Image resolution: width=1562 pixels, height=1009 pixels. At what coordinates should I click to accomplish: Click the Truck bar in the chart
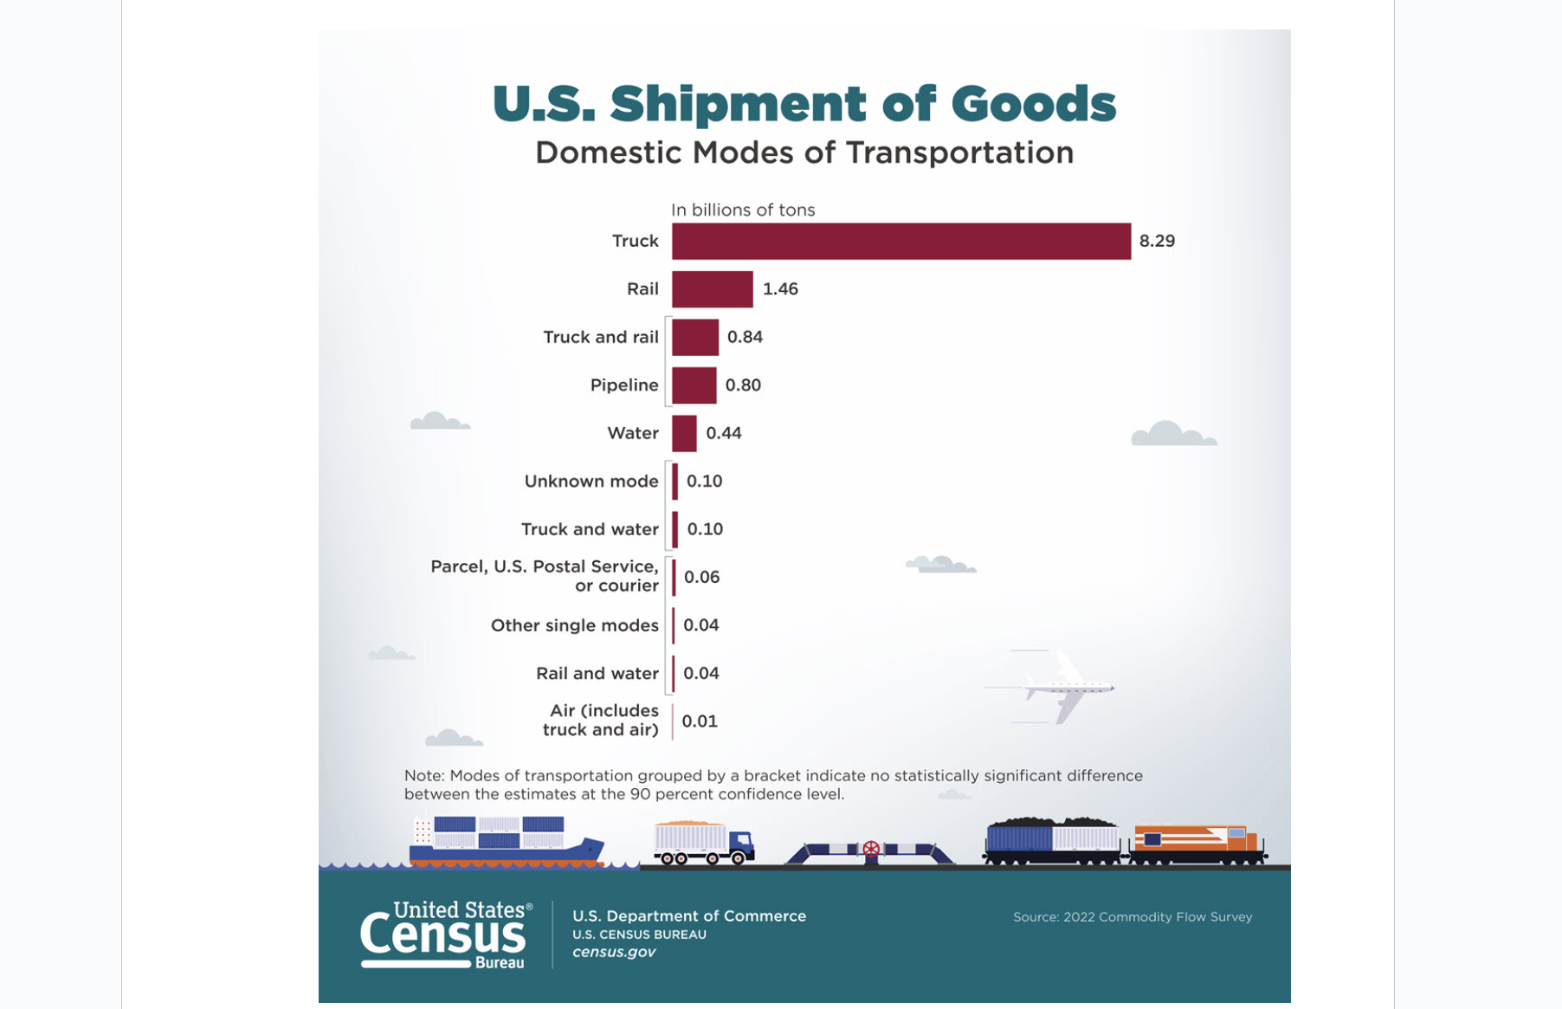pyautogui.click(x=900, y=241)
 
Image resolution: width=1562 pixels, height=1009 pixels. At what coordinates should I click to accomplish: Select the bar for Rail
pyautogui.click(x=712, y=289)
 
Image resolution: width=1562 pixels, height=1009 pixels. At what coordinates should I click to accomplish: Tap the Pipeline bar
pyautogui.click(x=694, y=385)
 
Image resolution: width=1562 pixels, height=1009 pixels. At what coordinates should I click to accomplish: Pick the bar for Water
pyautogui.click(x=684, y=433)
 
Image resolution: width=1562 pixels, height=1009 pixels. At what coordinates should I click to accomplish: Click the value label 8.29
pyautogui.click(x=1157, y=241)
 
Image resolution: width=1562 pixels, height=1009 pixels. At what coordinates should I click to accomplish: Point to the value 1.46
pyautogui.click(x=780, y=289)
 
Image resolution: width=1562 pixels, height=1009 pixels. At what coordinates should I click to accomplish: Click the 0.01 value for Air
pyautogui.click(x=700, y=721)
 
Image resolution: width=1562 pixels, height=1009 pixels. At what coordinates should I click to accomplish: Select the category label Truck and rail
pyautogui.click(x=600, y=337)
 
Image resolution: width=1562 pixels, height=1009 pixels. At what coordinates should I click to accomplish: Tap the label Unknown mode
pyautogui.click(x=591, y=482)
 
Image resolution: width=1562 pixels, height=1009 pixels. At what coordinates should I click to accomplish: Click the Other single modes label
pyautogui.click(x=574, y=625)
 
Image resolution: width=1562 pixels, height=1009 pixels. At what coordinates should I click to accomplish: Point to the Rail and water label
pyautogui.click(x=597, y=673)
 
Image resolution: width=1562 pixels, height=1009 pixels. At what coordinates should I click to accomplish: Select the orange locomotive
pyautogui.click(x=1196, y=844)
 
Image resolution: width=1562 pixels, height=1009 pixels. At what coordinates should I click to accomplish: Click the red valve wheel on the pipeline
pyautogui.click(x=871, y=850)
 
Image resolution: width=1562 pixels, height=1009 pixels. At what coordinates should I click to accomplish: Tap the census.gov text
pyautogui.click(x=614, y=952)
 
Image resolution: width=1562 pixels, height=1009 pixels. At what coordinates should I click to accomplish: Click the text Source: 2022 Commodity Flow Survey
pyautogui.click(x=1132, y=916)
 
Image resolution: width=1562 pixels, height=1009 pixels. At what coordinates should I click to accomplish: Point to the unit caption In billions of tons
pyautogui.click(x=742, y=210)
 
